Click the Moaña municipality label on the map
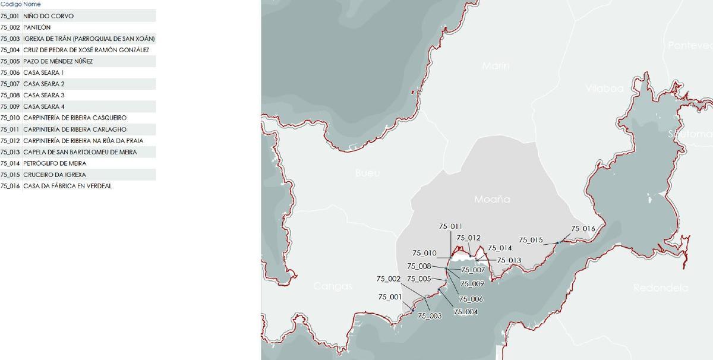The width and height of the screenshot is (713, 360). [x=492, y=200]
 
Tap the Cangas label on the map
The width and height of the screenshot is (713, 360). [x=333, y=286]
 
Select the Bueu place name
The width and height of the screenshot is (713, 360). [x=367, y=173]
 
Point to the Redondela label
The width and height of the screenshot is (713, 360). [x=661, y=288]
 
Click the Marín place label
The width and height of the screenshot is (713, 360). [x=496, y=66]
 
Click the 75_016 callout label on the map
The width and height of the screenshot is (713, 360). [x=583, y=229]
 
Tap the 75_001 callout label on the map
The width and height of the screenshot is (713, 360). [x=389, y=297]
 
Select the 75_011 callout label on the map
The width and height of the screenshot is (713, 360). [x=450, y=226]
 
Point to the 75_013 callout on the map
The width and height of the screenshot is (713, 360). [x=509, y=260]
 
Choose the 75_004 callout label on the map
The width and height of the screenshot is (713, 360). [x=465, y=311]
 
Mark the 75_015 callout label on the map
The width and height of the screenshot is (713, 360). [x=531, y=240]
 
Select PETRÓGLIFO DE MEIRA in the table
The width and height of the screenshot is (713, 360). [x=55, y=163]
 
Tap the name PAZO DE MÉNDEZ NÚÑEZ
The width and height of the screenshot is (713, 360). [x=58, y=61]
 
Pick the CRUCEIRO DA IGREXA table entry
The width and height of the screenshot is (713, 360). [x=55, y=175]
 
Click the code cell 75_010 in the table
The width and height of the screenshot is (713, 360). [x=11, y=118]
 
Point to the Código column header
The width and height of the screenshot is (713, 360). [x=11, y=4]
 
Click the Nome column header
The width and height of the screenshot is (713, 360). [x=32, y=4]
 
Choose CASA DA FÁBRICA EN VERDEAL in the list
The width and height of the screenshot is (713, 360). [x=68, y=186]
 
